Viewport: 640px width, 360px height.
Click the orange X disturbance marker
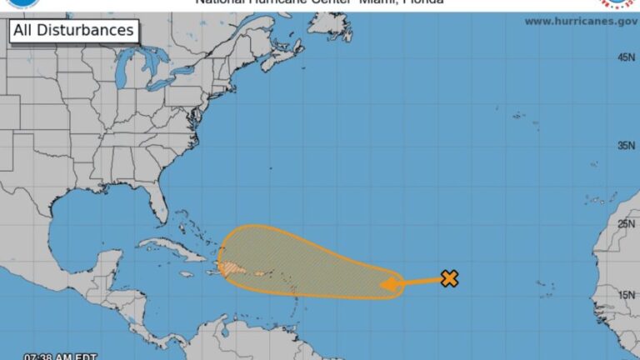(x=449, y=278)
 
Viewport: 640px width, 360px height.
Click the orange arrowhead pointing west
(x=387, y=285)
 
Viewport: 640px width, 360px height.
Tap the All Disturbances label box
(x=72, y=31)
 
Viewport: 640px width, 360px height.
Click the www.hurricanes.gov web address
(x=580, y=21)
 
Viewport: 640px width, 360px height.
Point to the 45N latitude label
(x=626, y=57)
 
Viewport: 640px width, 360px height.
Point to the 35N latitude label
(x=626, y=146)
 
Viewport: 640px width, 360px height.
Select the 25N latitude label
(x=626, y=223)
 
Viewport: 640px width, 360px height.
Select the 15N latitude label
(x=626, y=294)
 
